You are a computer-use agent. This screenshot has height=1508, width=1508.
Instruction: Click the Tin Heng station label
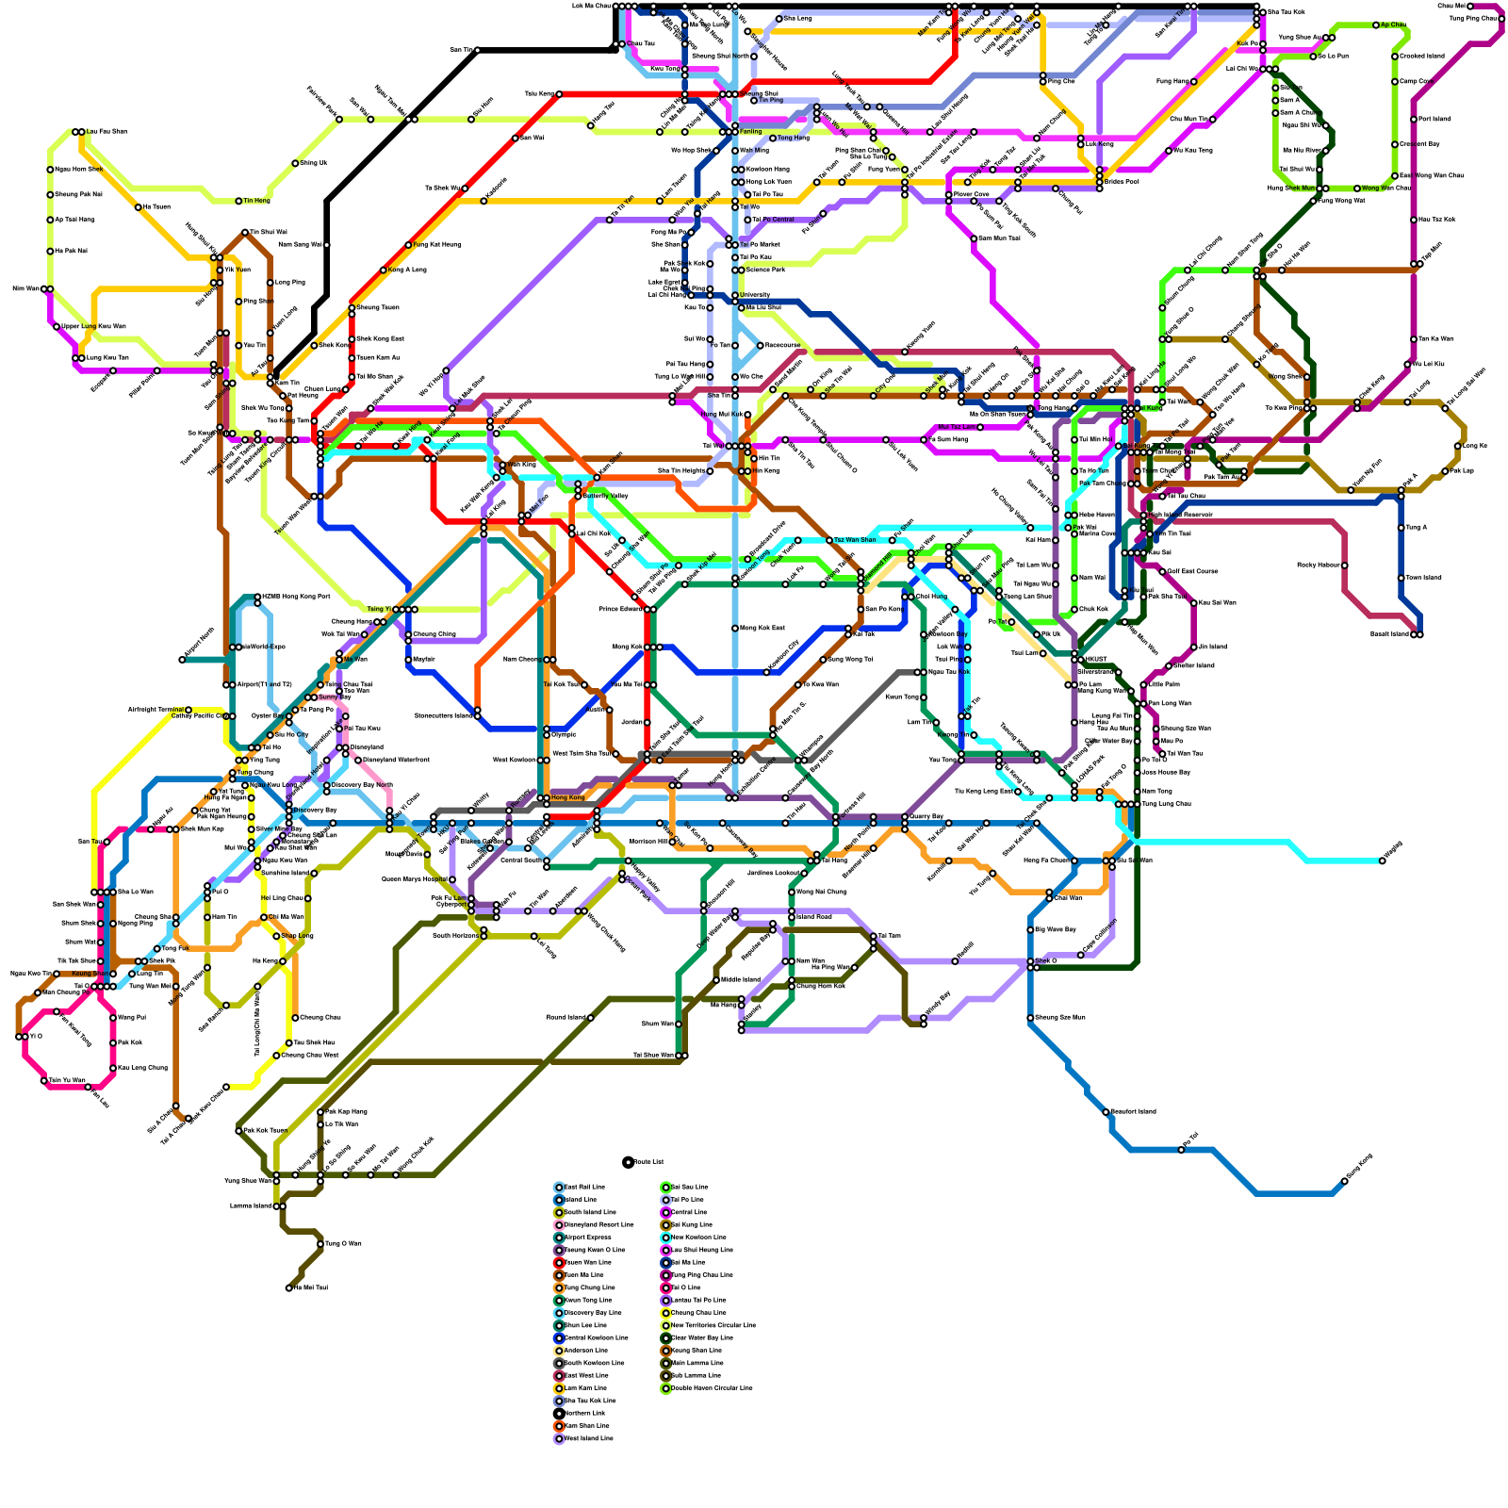tap(257, 201)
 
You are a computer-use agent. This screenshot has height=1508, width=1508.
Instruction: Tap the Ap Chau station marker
tap(1376, 25)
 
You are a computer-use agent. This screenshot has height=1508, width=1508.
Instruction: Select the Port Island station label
tap(1434, 120)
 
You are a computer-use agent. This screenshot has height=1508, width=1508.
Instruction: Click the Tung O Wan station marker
tap(320, 1244)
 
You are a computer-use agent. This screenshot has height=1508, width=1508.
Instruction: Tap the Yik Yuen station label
tap(238, 270)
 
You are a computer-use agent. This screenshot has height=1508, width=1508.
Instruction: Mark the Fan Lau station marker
tap(89, 1087)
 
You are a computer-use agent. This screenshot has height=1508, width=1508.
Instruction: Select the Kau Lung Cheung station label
tap(142, 1068)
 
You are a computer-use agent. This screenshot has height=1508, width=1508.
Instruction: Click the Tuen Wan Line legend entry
tap(589, 1262)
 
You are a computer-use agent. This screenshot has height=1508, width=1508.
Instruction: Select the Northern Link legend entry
tap(584, 1413)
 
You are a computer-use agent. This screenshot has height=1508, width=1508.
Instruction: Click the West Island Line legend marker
tap(559, 1438)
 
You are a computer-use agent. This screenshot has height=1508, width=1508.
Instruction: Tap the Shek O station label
tap(1046, 961)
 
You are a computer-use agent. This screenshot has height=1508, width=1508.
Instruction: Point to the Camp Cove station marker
tap(1395, 82)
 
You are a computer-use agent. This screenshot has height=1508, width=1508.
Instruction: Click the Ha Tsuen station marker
tap(139, 207)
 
